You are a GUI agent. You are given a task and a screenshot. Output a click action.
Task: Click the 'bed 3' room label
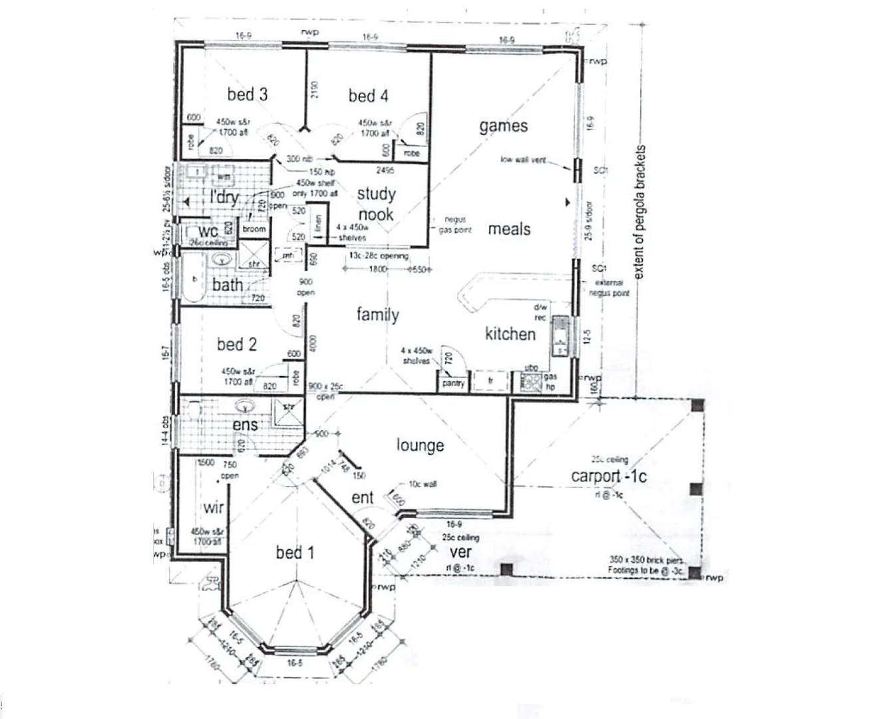click(x=248, y=95)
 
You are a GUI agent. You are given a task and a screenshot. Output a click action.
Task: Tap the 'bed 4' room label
click(x=368, y=96)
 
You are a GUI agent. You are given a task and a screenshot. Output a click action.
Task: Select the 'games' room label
click(x=503, y=126)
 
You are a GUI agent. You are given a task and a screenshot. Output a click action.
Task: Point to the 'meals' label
click(x=509, y=229)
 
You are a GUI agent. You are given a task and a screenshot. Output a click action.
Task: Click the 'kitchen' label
click(x=510, y=334)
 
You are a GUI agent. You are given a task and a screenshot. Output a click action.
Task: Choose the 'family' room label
click(x=377, y=314)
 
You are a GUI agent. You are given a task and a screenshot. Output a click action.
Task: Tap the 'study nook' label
click(x=376, y=204)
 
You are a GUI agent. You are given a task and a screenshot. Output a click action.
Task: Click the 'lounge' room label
click(x=420, y=445)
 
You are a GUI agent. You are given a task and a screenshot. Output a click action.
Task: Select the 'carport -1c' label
click(x=608, y=475)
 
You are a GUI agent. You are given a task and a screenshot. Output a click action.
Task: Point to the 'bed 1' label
click(x=295, y=552)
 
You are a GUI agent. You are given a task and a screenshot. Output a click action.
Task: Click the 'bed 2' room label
click(x=236, y=344)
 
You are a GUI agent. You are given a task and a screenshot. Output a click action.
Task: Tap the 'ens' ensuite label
click(x=245, y=424)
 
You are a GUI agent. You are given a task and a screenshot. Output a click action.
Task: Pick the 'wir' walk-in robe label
click(x=213, y=508)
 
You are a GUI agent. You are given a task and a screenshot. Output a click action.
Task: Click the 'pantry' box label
click(x=453, y=383)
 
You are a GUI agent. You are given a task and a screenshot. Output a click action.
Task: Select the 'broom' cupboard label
click(x=254, y=229)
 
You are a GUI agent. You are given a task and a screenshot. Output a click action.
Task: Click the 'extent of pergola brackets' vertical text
click(x=639, y=212)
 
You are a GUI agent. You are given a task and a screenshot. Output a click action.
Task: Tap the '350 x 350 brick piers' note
click(x=645, y=560)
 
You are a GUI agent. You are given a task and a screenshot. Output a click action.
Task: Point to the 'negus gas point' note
click(x=455, y=224)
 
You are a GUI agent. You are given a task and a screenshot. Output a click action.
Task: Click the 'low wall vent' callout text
click(x=523, y=160)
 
